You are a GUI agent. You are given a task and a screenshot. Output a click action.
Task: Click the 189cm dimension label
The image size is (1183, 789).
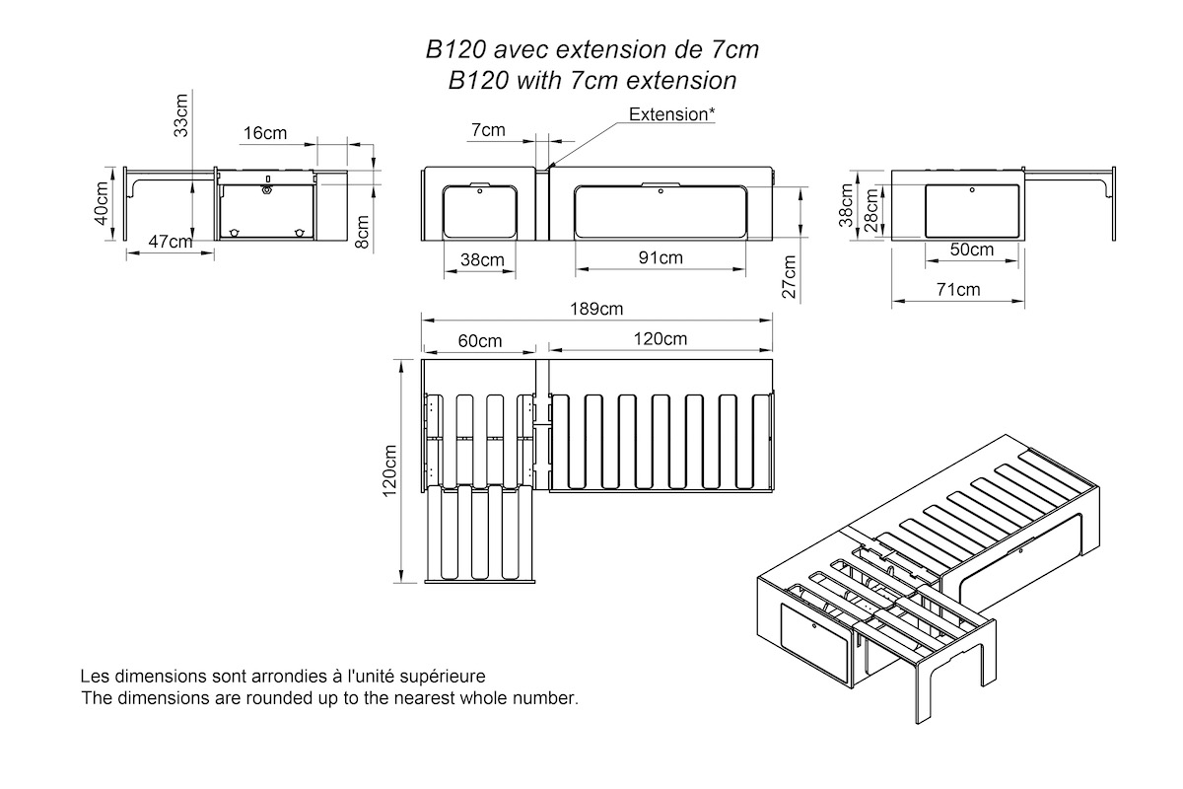click(x=597, y=308)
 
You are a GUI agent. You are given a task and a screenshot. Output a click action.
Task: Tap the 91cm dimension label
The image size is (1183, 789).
click(x=661, y=258)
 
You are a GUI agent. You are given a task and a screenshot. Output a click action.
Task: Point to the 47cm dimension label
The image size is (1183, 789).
click(x=171, y=242)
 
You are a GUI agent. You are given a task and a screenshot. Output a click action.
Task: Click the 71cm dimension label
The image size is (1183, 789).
click(x=957, y=289)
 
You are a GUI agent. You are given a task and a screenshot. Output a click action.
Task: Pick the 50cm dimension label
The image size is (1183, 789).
click(x=971, y=250)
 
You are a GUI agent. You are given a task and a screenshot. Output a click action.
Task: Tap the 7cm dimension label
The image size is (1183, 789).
click(x=488, y=129)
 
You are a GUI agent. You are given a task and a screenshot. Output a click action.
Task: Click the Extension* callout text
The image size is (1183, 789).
click(x=672, y=113)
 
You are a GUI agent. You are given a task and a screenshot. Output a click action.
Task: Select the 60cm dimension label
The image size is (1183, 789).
click(x=480, y=340)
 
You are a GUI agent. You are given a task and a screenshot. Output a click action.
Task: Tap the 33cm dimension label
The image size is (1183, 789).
click(x=181, y=114)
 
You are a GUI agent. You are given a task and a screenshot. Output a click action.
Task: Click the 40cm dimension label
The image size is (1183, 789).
click(x=102, y=204)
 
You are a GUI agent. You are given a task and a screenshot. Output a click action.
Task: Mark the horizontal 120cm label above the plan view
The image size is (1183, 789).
click(x=661, y=339)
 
